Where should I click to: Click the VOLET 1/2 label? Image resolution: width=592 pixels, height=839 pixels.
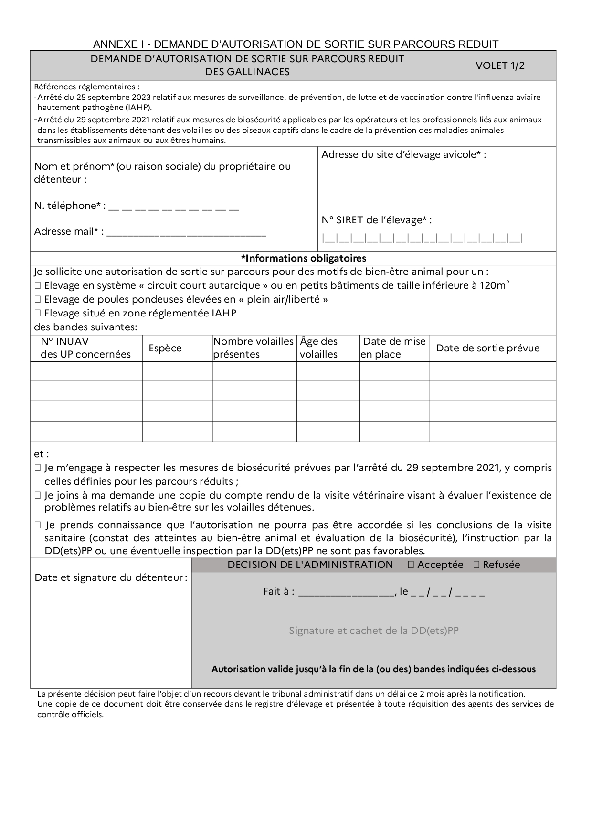(x=499, y=65)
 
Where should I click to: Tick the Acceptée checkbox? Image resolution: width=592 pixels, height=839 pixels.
(x=411, y=565)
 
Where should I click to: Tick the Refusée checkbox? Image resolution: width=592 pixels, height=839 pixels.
(x=476, y=565)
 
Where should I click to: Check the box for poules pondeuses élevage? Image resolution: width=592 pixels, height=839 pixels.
(x=38, y=300)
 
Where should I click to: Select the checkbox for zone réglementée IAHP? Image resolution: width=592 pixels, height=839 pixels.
(x=38, y=314)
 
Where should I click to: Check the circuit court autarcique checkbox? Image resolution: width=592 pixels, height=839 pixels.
(x=38, y=286)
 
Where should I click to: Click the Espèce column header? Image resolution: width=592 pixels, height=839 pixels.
(x=165, y=348)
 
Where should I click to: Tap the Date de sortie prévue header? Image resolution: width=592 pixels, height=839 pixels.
(x=487, y=348)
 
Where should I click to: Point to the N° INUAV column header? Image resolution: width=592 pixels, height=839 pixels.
(x=85, y=348)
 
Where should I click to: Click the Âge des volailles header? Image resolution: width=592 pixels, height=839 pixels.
(x=319, y=348)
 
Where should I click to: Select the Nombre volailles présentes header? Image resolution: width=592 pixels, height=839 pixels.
(x=253, y=348)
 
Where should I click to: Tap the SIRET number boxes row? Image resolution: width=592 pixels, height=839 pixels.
(x=422, y=238)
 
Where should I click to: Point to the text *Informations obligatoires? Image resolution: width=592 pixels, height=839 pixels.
(x=304, y=258)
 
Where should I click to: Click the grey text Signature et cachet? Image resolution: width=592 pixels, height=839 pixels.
(x=373, y=631)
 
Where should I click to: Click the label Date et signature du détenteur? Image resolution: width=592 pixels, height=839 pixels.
(x=111, y=577)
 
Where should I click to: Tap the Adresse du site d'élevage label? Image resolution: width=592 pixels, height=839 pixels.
(x=403, y=154)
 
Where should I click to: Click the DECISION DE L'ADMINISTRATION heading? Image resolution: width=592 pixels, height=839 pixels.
(x=310, y=565)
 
